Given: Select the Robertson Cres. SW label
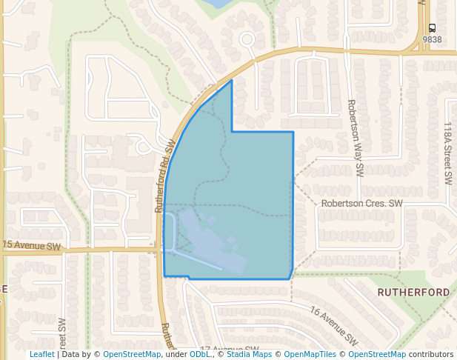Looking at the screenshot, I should [361, 202].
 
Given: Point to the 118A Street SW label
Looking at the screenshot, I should [447, 154].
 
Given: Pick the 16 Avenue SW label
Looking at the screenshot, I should [333, 327].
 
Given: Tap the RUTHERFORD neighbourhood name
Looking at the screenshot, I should [413, 293].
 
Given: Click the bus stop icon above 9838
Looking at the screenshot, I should [432, 28].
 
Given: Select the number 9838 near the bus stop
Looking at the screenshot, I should [432, 39].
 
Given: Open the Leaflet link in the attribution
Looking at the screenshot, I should [41, 354].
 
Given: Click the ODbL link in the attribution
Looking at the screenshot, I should [199, 354].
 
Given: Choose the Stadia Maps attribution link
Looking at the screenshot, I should [249, 354].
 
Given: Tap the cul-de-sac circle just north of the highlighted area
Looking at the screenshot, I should [247, 39].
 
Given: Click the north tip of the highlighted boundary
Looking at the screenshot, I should [232, 81].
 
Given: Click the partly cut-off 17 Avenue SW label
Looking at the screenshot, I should [230, 349].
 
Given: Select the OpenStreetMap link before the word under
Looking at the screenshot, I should [132, 354].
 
